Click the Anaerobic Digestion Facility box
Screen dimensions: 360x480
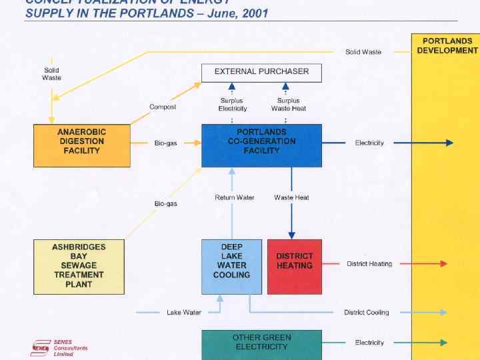81,145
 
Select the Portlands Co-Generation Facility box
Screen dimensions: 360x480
261,145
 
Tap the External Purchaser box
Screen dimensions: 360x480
261,72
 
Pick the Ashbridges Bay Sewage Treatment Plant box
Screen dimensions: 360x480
79,265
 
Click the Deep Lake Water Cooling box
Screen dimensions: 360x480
231,266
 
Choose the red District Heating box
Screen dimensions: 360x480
294,266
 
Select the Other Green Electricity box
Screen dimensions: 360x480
261,343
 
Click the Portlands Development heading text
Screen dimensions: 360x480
447,46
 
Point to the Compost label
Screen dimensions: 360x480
163,107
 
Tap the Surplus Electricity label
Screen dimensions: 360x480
232,105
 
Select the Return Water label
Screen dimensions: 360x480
234,197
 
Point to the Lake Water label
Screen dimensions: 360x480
183,313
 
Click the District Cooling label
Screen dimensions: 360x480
366,313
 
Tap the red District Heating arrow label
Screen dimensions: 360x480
369,264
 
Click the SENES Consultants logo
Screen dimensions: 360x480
59,348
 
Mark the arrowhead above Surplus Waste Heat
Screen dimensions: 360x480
285,86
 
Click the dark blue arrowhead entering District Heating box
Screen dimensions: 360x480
291,235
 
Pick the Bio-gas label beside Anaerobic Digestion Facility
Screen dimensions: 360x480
165,143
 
